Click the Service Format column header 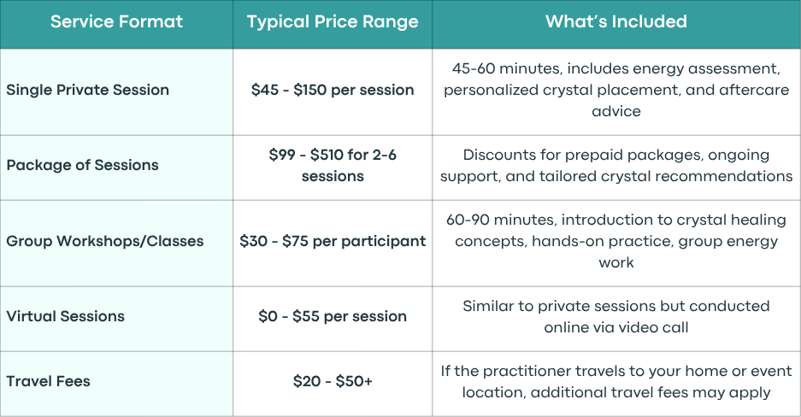116,21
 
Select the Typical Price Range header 333,22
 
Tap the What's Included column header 616,21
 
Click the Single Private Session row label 87,90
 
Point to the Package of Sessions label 82,165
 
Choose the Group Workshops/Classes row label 105,241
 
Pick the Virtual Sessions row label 65,316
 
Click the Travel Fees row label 48,381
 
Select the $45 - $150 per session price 333,90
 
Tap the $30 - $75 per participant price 333,241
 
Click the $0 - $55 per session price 333,316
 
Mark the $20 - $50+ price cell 333,381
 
